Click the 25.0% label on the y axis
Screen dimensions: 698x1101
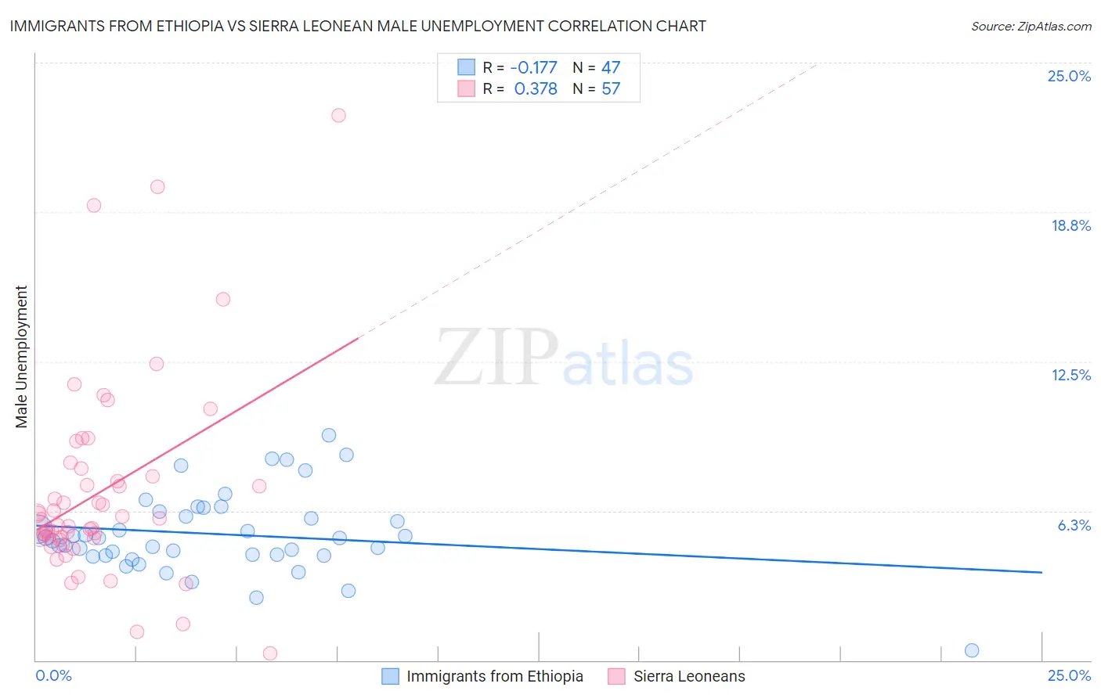(x=1069, y=76)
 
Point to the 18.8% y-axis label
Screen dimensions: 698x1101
(x=1070, y=225)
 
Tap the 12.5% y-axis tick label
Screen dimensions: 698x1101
(x=1070, y=375)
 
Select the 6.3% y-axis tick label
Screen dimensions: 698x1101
(x=1074, y=525)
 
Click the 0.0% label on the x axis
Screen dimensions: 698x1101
(x=53, y=675)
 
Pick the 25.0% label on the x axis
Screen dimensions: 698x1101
(x=1069, y=675)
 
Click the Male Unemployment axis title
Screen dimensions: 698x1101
(x=22, y=357)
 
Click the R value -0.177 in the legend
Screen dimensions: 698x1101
(x=533, y=67)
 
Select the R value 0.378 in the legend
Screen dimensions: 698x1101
(x=536, y=88)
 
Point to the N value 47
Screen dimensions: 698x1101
(x=611, y=67)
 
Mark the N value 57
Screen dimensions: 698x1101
(x=611, y=88)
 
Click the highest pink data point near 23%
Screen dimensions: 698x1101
(x=338, y=115)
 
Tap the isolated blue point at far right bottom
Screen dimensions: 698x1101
(x=972, y=650)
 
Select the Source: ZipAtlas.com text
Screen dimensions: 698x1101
(x=1031, y=26)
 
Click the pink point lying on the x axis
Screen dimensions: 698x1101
(x=270, y=653)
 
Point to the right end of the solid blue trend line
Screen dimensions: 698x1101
(x=1041, y=573)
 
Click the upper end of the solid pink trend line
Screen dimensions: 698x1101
(x=358, y=338)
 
